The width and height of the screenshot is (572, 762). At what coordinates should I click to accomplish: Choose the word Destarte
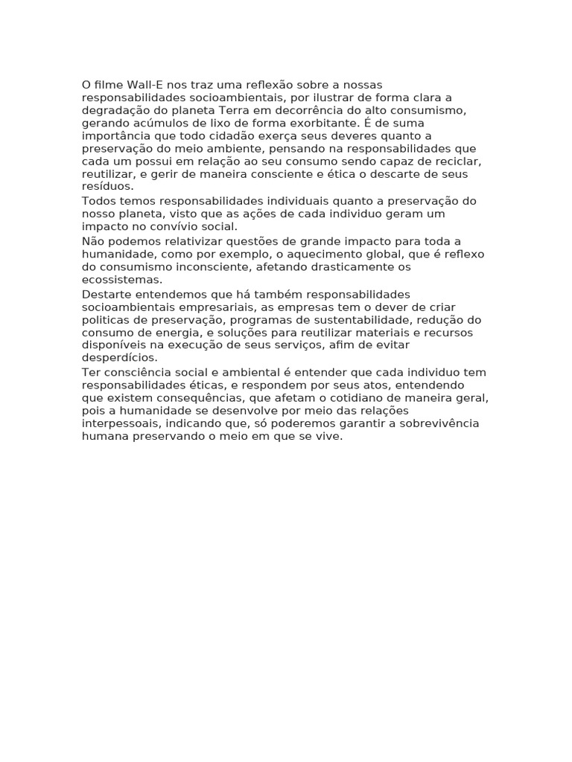click(106, 294)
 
